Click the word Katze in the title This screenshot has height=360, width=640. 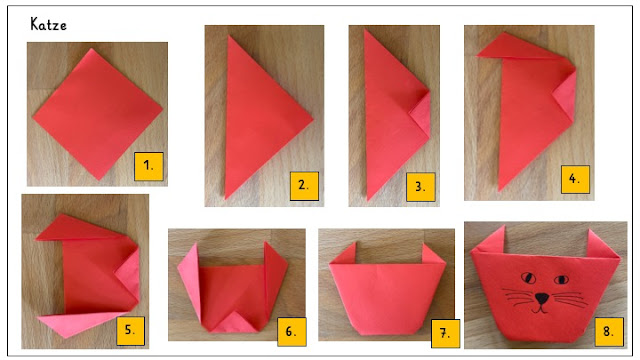(x=48, y=24)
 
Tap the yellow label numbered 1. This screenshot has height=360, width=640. (x=149, y=166)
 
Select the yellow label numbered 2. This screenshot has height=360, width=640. (x=304, y=186)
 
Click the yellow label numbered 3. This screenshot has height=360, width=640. (x=420, y=187)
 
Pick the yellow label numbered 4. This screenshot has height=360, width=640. (x=575, y=179)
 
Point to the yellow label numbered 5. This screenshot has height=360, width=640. (x=130, y=331)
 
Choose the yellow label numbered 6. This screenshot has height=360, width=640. (x=291, y=332)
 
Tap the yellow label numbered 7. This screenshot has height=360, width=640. (x=445, y=333)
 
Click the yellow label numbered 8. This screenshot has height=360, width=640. (x=609, y=332)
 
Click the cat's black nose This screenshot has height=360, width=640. (x=542, y=298)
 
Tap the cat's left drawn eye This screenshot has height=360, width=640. (x=529, y=278)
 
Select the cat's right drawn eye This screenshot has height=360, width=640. (x=561, y=280)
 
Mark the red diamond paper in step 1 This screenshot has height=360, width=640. (x=98, y=114)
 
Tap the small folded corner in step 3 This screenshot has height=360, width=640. (x=421, y=114)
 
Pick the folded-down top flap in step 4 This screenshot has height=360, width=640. (x=522, y=49)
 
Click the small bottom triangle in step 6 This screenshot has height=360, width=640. (x=233, y=322)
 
